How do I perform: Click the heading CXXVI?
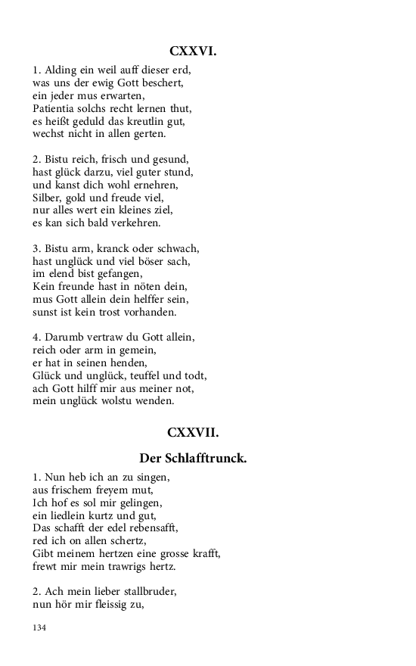click(x=194, y=51)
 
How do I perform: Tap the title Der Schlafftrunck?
click(x=194, y=459)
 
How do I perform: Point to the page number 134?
click(x=40, y=627)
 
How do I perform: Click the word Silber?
click(x=48, y=197)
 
